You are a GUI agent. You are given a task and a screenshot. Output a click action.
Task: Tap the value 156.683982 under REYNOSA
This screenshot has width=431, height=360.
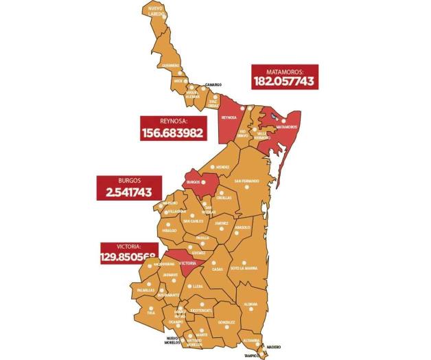(x=172, y=132)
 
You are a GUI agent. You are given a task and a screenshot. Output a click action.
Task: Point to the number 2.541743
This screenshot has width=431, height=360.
(x=124, y=193)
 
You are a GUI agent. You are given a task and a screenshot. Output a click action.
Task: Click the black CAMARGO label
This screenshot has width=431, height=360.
(x=213, y=86)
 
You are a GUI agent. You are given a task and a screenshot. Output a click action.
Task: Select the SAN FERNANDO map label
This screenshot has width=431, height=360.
(x=247, y=181)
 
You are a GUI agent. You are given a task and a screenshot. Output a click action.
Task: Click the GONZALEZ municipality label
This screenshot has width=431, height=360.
(x=226, y=321)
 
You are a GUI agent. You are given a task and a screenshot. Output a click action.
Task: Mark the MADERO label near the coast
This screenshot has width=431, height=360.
(x=275, y=347)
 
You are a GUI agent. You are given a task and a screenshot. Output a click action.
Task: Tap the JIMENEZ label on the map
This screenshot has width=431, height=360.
(x=221, y=223)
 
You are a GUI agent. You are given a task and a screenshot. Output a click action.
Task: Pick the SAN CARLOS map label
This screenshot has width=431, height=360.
(x=194, y=221)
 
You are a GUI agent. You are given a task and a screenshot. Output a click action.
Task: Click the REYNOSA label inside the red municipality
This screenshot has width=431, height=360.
(x=229, y=117)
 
